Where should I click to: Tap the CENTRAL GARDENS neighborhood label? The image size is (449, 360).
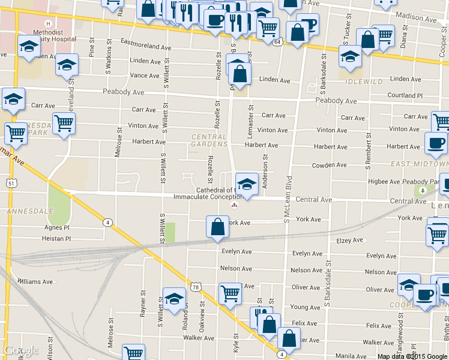[x=209, y=140]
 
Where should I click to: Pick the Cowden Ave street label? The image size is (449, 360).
[x=329, y=165]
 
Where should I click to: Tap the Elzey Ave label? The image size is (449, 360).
[x=351, y=241]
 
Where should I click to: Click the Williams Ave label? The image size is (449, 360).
[x=35, y=281]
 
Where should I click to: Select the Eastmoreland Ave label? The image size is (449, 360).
[x=146, y=46]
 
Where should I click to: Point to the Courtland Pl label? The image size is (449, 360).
[x=405, y=95]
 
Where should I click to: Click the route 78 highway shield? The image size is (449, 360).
[x=195, y=287]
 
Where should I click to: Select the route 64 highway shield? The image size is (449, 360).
[x=277, y=43]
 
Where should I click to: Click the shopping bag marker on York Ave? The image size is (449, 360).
[x=217, y=227]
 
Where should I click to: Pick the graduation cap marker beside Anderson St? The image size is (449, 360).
[x=246, y=184]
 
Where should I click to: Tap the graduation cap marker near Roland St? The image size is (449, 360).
[x=174, y=298]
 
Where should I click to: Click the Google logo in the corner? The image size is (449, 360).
[x=22, y=350]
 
